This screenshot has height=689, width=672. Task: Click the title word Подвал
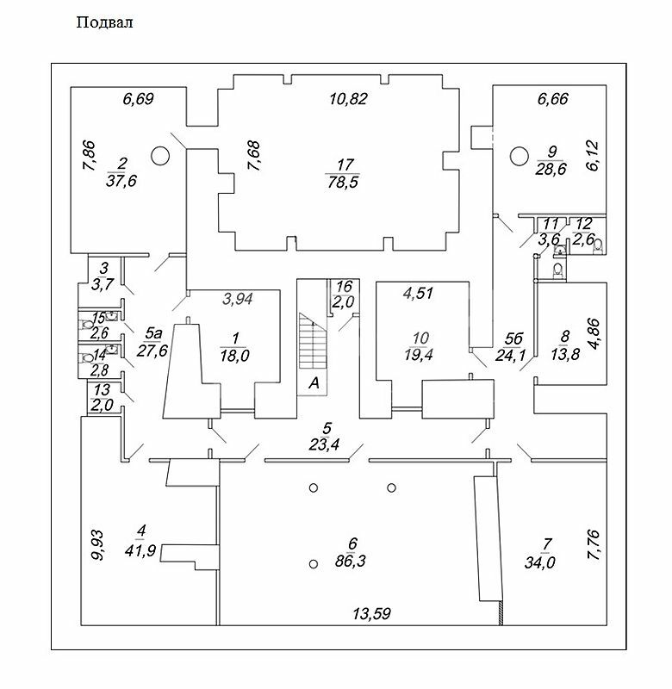104,22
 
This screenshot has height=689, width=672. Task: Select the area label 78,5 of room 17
343,182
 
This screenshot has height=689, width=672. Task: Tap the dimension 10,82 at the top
348,99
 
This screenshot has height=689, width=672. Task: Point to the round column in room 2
160,156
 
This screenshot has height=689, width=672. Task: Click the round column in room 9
519,156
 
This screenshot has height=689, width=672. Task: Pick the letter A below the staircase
314,383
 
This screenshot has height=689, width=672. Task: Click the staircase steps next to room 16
314,341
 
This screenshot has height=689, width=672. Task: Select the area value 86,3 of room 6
350,562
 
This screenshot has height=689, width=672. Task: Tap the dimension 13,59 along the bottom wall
371,613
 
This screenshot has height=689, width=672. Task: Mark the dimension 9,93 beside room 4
97,545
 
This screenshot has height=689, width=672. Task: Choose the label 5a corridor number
153,334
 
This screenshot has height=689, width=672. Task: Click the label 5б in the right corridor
513,338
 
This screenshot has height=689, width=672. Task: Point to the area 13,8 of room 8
565,354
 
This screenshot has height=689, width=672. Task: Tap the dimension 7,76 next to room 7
594,545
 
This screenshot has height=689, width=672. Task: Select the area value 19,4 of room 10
419,354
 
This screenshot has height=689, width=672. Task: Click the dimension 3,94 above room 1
237,299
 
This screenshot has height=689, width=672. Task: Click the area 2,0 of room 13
102,405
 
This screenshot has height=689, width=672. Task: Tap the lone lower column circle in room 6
314,564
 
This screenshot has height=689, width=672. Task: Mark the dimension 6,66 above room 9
553,99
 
